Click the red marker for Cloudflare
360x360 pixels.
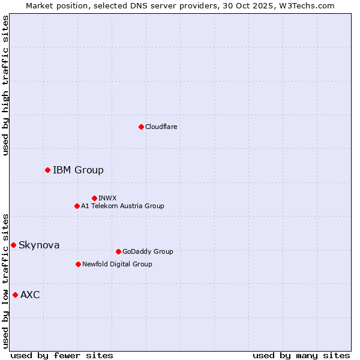[x=141, y=127]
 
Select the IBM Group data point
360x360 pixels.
[x=47, y=170]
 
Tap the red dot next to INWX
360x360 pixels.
[x=94, y=198]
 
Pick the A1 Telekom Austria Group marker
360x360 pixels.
[x=77, y=206]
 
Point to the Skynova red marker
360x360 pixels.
[x=13, y=245]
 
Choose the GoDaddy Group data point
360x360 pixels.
[x=118, y=251]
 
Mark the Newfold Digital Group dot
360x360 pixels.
[x=78, y=264]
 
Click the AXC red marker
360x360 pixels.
[x=15, y=295]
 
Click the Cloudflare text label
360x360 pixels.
[x=161, y=127]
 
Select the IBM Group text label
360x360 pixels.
[x=78, y=170]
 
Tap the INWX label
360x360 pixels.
[x=107, y=198]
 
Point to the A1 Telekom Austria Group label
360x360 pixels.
[x=122, y=206]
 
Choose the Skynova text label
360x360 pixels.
[x=39, y=245]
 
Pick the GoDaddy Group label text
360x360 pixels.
[x=148, y=251]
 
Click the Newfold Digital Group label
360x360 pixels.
[x=117, y=264]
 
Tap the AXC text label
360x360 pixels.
[x=30, y=295]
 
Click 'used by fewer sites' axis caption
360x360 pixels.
[x=62, y=355]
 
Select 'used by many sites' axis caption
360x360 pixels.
[x=301, y=355]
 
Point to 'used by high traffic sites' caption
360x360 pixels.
[x=6, y=85]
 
